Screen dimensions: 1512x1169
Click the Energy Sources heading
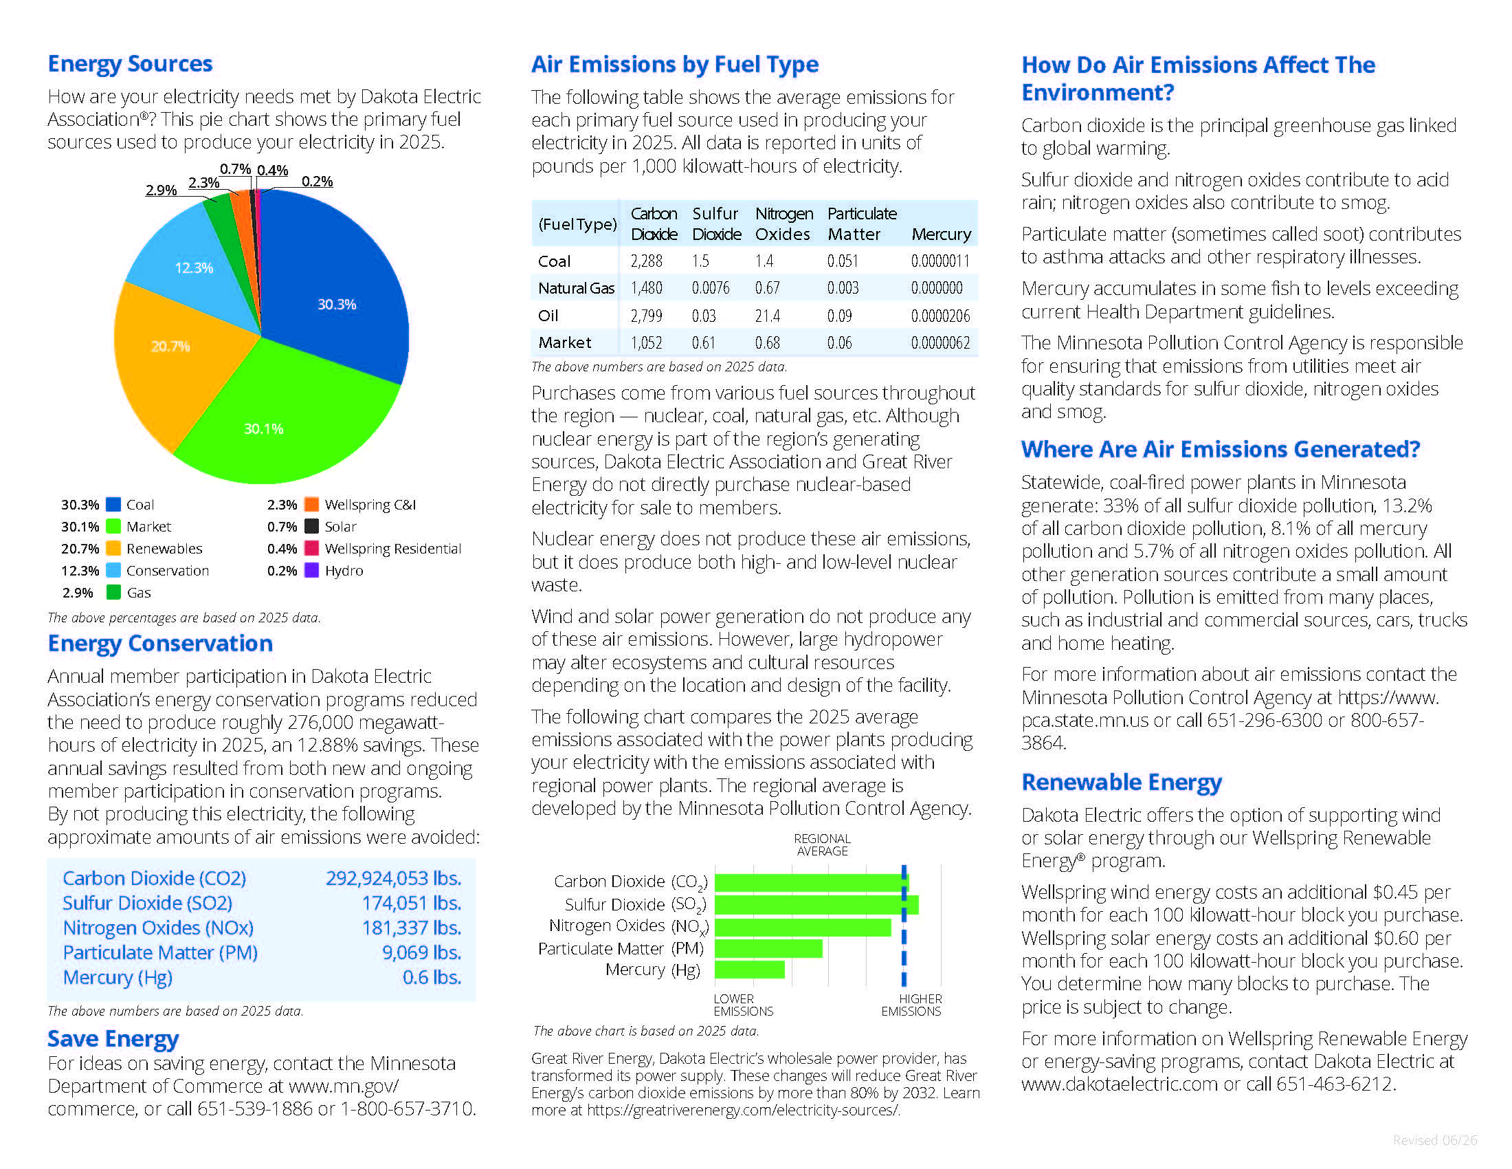130,64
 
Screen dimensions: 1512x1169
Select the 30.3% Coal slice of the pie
333,291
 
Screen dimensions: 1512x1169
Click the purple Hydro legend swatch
311,570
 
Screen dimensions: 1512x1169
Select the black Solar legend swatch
311,526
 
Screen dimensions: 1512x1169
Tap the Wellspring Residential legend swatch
311,549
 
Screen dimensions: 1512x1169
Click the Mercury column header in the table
941,234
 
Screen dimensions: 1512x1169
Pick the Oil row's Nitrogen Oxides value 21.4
767,316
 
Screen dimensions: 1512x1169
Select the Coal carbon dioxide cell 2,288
646,261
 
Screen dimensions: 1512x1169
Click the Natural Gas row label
576,288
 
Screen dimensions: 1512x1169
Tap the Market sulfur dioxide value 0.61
702,343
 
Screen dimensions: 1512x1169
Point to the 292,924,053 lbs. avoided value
393,878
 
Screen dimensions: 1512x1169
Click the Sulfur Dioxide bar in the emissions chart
816,904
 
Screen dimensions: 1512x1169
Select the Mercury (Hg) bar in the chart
750,970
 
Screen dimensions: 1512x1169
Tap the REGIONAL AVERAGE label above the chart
822,845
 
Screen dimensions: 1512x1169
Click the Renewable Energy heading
1122,783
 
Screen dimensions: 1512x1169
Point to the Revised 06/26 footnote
1434,1140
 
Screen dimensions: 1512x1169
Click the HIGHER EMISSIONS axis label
911,1005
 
